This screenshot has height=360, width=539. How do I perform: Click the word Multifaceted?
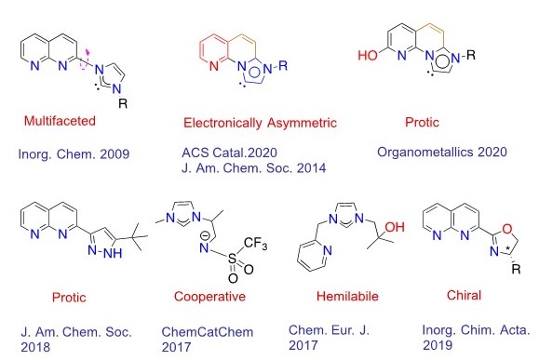(60, 121)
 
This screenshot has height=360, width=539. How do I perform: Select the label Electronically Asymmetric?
(260, 123)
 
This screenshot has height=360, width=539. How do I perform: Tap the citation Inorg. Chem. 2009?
(74, 153)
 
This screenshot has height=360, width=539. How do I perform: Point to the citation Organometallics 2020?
(442, 152)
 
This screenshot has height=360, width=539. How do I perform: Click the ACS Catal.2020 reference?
(229, 153)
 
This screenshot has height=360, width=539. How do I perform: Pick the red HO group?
(369, 55)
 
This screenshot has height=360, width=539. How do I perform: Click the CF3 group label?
(255, 244)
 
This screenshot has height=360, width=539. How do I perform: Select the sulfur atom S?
(233, 258)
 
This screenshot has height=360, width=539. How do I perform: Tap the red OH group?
(395, 227)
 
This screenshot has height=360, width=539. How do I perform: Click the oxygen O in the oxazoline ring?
(507, 229)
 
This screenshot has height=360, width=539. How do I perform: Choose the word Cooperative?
(209, 296)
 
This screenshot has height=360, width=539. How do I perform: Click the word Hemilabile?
(347, 296)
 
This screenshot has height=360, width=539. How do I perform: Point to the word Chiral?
(465, 295)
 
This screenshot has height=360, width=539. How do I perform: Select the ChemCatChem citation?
(208, 339)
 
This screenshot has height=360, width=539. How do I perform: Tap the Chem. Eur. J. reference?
(329, 338)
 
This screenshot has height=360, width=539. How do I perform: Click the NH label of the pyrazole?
(113, 253)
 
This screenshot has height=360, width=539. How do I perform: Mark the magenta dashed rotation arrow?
(85, 60)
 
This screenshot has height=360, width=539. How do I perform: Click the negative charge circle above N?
(204, 236)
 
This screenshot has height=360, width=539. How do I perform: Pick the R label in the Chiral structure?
(516, 269)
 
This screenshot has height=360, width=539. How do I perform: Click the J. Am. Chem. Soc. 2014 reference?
(254, 168)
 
